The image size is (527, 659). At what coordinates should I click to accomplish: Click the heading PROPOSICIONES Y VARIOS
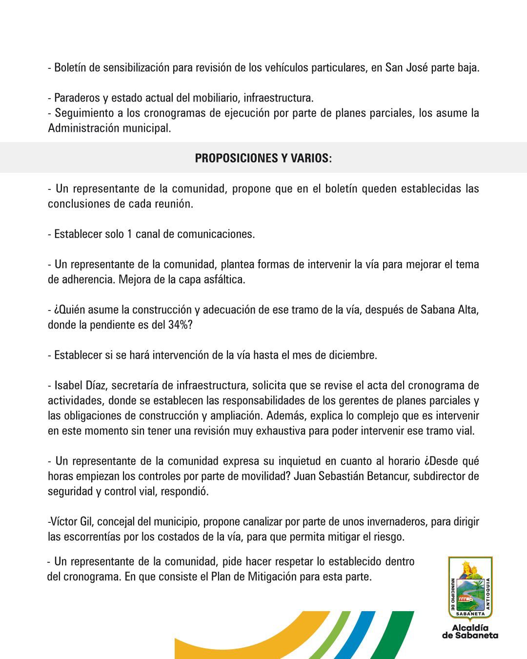point(263,158)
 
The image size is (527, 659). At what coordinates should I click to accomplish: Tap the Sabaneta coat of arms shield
point(470,588)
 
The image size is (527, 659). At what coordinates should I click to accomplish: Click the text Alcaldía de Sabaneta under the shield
point(470,631)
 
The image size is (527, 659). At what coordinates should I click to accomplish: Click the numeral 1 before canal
point(129,234)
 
